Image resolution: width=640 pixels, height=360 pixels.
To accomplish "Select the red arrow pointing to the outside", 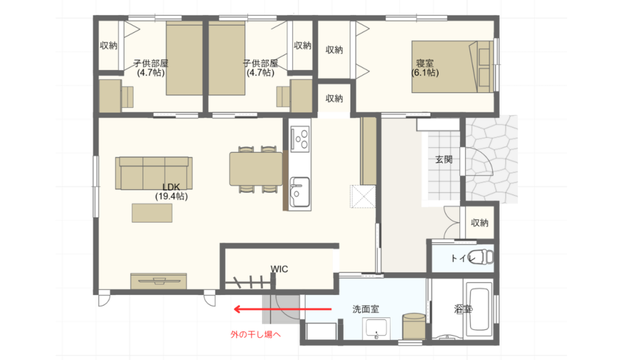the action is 282,309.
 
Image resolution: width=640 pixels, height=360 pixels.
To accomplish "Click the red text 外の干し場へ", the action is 256,335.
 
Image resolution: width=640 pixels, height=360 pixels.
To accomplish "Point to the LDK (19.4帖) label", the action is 171,191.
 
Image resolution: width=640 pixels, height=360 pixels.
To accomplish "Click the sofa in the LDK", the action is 154,173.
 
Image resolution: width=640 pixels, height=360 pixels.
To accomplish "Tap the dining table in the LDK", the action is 256,169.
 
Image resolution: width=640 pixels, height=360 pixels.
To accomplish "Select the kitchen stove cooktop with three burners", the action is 300,139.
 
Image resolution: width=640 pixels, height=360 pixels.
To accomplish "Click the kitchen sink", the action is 299,192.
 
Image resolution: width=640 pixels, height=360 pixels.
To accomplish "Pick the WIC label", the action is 279,269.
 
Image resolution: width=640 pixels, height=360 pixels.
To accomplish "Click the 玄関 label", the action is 444,159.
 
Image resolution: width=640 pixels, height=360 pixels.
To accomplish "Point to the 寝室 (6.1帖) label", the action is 425,67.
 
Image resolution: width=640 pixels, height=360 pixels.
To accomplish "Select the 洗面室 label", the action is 366,309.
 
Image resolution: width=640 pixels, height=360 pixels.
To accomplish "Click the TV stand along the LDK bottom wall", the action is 159,281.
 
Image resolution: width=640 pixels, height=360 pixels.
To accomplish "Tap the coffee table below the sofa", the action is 152,213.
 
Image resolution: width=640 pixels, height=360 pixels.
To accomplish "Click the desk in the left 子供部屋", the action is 110,96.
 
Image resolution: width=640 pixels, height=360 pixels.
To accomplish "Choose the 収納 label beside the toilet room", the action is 479,223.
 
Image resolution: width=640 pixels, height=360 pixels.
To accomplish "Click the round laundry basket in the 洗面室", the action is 414,326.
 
